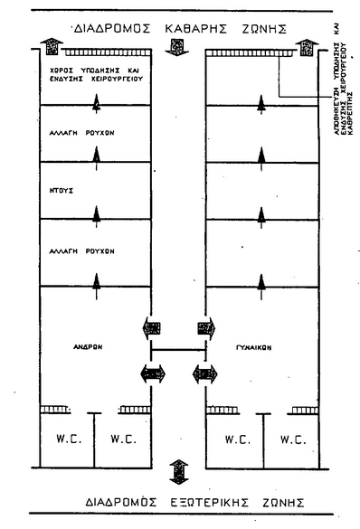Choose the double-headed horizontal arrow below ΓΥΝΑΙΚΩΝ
point(205,371)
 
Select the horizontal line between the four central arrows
point(177,350)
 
